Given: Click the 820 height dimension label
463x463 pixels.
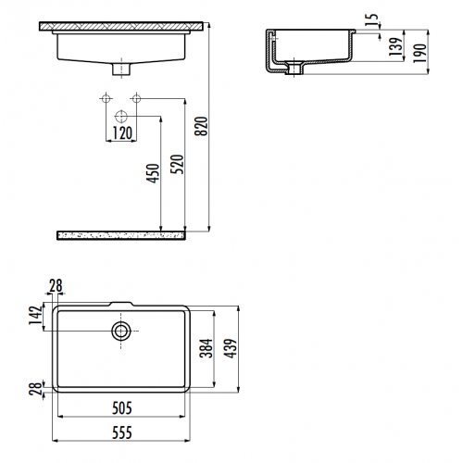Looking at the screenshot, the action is [x=202, y=126].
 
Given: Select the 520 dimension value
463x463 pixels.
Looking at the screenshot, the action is [x=178, y=164].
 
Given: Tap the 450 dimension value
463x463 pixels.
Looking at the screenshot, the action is [x=153, y=173].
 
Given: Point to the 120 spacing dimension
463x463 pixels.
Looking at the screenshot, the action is [x=122, y=133].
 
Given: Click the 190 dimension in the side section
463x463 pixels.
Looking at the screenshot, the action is [x=419, y=53].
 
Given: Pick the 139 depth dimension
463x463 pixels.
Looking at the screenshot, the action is [x=396, y=46].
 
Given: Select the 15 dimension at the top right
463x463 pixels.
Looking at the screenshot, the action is [x=373, y=20].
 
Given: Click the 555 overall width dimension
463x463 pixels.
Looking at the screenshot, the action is [x=122, y=432].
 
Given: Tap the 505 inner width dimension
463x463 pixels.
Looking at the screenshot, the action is [x=122, y=408].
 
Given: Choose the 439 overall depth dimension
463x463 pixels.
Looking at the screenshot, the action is [x=231, y=348].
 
